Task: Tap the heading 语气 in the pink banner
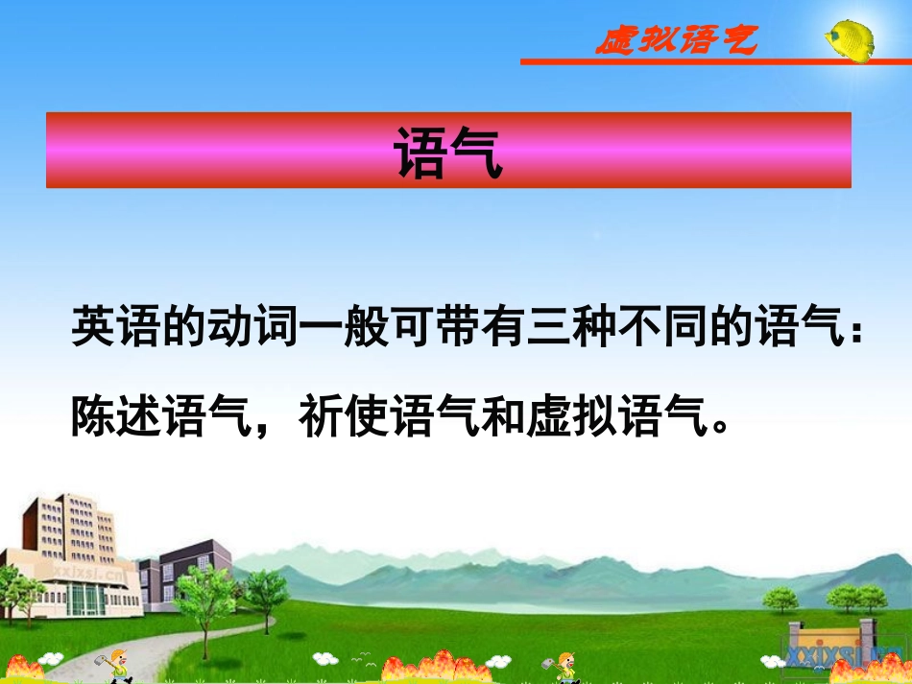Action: click(x=448, y=152)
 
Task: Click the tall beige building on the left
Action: click(x=72, y=556)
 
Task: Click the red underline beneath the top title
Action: click(x=714, y=61)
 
